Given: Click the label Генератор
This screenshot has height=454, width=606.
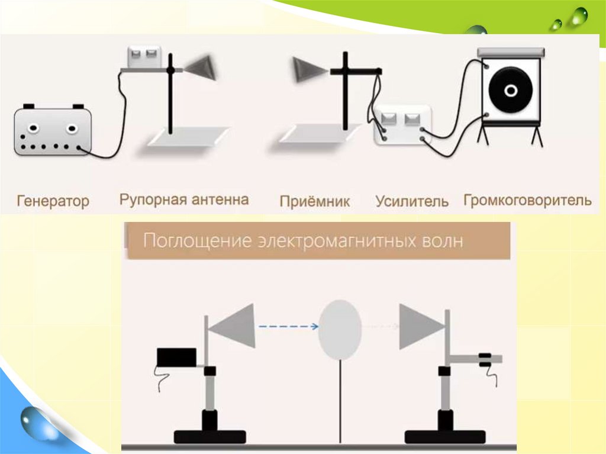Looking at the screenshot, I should (x=53, y=201).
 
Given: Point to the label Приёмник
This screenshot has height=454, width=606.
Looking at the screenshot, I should (x=315, y=201).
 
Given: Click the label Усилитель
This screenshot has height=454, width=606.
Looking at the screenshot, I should (x=412, y=201).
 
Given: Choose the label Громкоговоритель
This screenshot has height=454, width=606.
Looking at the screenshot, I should (x=527, y=200).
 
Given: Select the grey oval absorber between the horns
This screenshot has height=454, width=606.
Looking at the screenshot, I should (x=340, y=329).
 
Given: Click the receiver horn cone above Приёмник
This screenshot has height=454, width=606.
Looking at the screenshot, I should (x=307, y=70).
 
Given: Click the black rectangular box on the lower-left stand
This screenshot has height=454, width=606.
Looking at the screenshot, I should (x=176, y=357).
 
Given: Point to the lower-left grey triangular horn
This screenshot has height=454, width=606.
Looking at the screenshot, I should (x=233, y=326).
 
